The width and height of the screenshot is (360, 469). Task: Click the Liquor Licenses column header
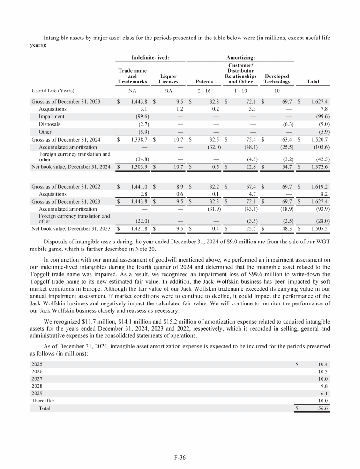(x=168, y=78)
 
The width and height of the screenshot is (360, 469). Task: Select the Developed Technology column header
(x=277, y=78)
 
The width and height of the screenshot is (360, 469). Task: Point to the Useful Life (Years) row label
(x=53, y=91)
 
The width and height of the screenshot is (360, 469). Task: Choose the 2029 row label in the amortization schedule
(x=37, y=393)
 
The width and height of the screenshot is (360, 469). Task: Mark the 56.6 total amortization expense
(x=322, y=408)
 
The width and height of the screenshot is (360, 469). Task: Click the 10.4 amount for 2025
(x=322, y=364)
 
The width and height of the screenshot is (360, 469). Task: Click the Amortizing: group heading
(x=241, y=56)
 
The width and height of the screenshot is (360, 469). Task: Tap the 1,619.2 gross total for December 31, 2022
(x=320, y=186)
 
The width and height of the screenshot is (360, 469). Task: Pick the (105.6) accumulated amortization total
(x=320, y=145)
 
